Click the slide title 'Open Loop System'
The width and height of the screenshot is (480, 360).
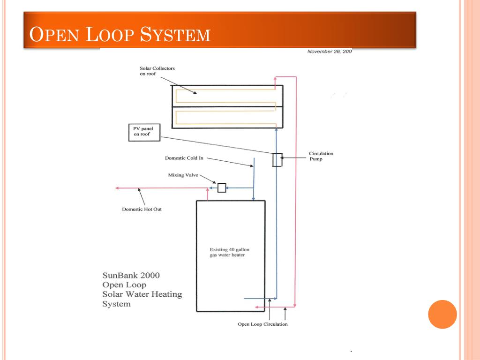[x=120, y=35]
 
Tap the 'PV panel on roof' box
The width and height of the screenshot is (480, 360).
[x=143, y=132]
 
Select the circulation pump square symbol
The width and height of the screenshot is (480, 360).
[x=277, y=160]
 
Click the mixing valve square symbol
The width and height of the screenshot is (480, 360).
[x=222, y=188]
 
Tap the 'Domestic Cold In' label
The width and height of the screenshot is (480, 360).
[x=184, y=158]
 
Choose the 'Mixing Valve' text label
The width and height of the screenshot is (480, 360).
[x=183, y=175]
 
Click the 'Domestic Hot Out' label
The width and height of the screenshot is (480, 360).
[x=142, y=209]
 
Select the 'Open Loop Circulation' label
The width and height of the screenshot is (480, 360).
[x=262, y=324]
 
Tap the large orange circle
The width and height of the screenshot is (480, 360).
[x=442, y=314]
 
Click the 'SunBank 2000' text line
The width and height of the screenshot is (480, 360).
[x=131, y=275]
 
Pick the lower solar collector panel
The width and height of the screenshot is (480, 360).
[x=227, y=117]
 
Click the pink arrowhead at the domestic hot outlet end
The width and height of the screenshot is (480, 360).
[x=117, y=188]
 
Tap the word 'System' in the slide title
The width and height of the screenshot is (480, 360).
[x=176, y=35]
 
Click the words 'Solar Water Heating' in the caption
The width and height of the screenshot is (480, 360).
[x=142, y=294]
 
